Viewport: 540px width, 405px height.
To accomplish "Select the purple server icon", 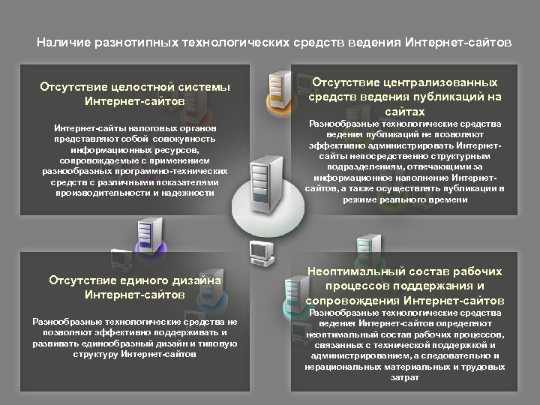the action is pyautogui.click(x=146, y=234).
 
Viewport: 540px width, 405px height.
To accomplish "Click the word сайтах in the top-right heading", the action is pyautogui.click(x=404, y=111).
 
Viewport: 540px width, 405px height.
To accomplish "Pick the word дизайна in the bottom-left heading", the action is pyautogui.click(x=196, y=280).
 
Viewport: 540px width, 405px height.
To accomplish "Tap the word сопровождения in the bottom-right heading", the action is pyautogui.click(x=350, y=301).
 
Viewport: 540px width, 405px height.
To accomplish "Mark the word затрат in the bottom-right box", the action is pyautogui.click(x=404, y=378).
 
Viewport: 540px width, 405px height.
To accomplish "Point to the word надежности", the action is pyautogui.click(x=192, y=193).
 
